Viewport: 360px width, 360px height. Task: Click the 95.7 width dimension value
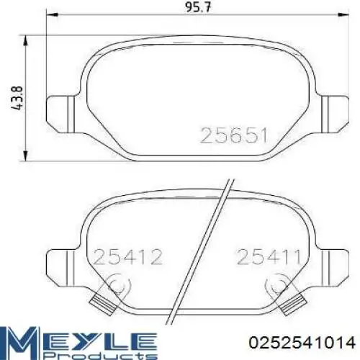(197, 7)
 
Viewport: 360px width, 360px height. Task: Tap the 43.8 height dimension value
(17, 98)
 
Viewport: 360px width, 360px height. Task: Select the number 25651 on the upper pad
(233, 135)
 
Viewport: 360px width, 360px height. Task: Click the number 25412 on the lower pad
(128, 257)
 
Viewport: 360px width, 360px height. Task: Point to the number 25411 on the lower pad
(269, 257)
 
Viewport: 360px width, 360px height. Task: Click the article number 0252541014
(302, 342)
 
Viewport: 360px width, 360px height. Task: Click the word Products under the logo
(100, 355)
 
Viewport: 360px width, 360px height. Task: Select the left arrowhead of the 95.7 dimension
(52, 15)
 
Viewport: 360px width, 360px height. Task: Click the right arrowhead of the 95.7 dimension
(343, 15)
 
